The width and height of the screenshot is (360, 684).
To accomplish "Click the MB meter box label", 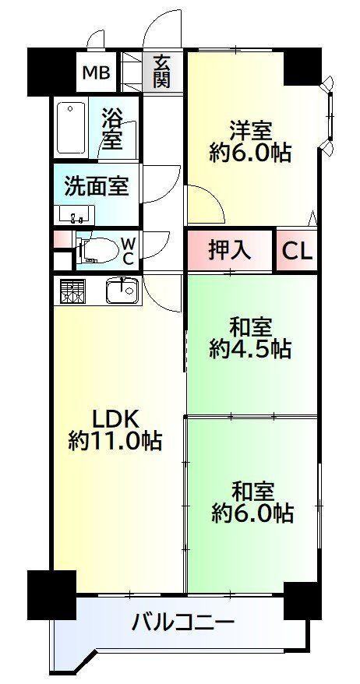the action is click(97, 72).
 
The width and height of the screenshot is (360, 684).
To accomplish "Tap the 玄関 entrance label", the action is click(161, 72).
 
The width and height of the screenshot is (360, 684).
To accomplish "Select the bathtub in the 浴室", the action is click(71, 129).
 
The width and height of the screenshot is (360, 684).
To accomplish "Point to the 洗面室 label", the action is click(97, 186).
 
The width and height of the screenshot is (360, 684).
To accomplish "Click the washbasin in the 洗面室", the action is click(76, 214).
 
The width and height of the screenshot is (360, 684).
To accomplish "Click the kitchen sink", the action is click(122, 290).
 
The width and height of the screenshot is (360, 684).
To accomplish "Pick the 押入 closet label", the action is click(229, 250).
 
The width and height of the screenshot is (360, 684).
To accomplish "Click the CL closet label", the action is click(297, 252).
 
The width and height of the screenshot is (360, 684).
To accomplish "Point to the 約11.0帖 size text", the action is click(115, 441).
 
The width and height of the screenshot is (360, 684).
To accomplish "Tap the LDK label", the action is click(115, 420).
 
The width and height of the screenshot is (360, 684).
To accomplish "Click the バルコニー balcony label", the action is click(183, 621).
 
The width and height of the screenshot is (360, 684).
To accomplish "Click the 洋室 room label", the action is click(251, 130).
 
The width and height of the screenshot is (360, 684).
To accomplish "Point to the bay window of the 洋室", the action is click(329, 115).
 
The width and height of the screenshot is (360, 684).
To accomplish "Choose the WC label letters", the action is click(128, 251).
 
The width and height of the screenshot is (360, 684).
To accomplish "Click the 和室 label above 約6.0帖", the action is click(252, 492).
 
